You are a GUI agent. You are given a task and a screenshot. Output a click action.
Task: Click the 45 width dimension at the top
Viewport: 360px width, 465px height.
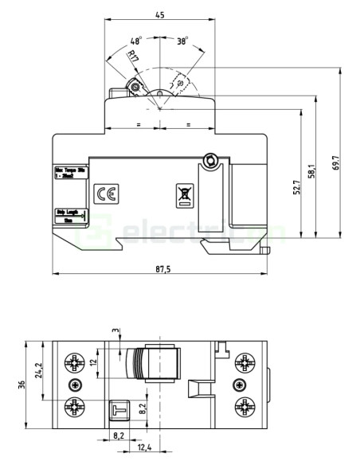[x=160, y=15]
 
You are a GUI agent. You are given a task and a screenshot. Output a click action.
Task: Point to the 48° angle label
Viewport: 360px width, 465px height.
[x=135, y=40]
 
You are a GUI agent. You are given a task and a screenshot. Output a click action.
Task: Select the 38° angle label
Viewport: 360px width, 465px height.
[x=183, y=41]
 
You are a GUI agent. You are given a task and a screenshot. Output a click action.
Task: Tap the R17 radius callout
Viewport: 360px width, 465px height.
[x=132, y=56]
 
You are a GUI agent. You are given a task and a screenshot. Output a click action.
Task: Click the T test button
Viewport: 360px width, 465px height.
[x=120, y=410]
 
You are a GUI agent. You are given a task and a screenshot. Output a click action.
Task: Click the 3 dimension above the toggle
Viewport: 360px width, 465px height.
[x=115, y=330]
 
